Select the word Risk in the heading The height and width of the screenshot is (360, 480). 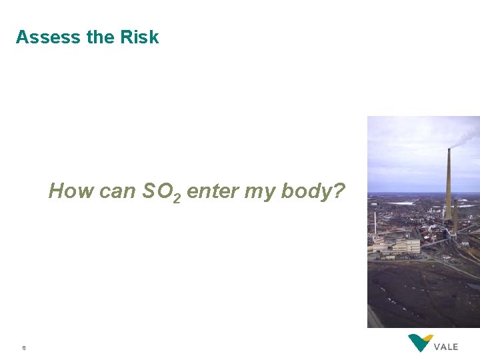[139, 37]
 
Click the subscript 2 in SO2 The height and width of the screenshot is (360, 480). [177, 198]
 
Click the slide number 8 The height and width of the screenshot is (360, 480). [24, 347]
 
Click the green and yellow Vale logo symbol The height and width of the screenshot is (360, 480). [421, 343]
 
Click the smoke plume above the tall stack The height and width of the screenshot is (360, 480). [467, 137]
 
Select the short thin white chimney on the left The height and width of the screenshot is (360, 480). [375, 223]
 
